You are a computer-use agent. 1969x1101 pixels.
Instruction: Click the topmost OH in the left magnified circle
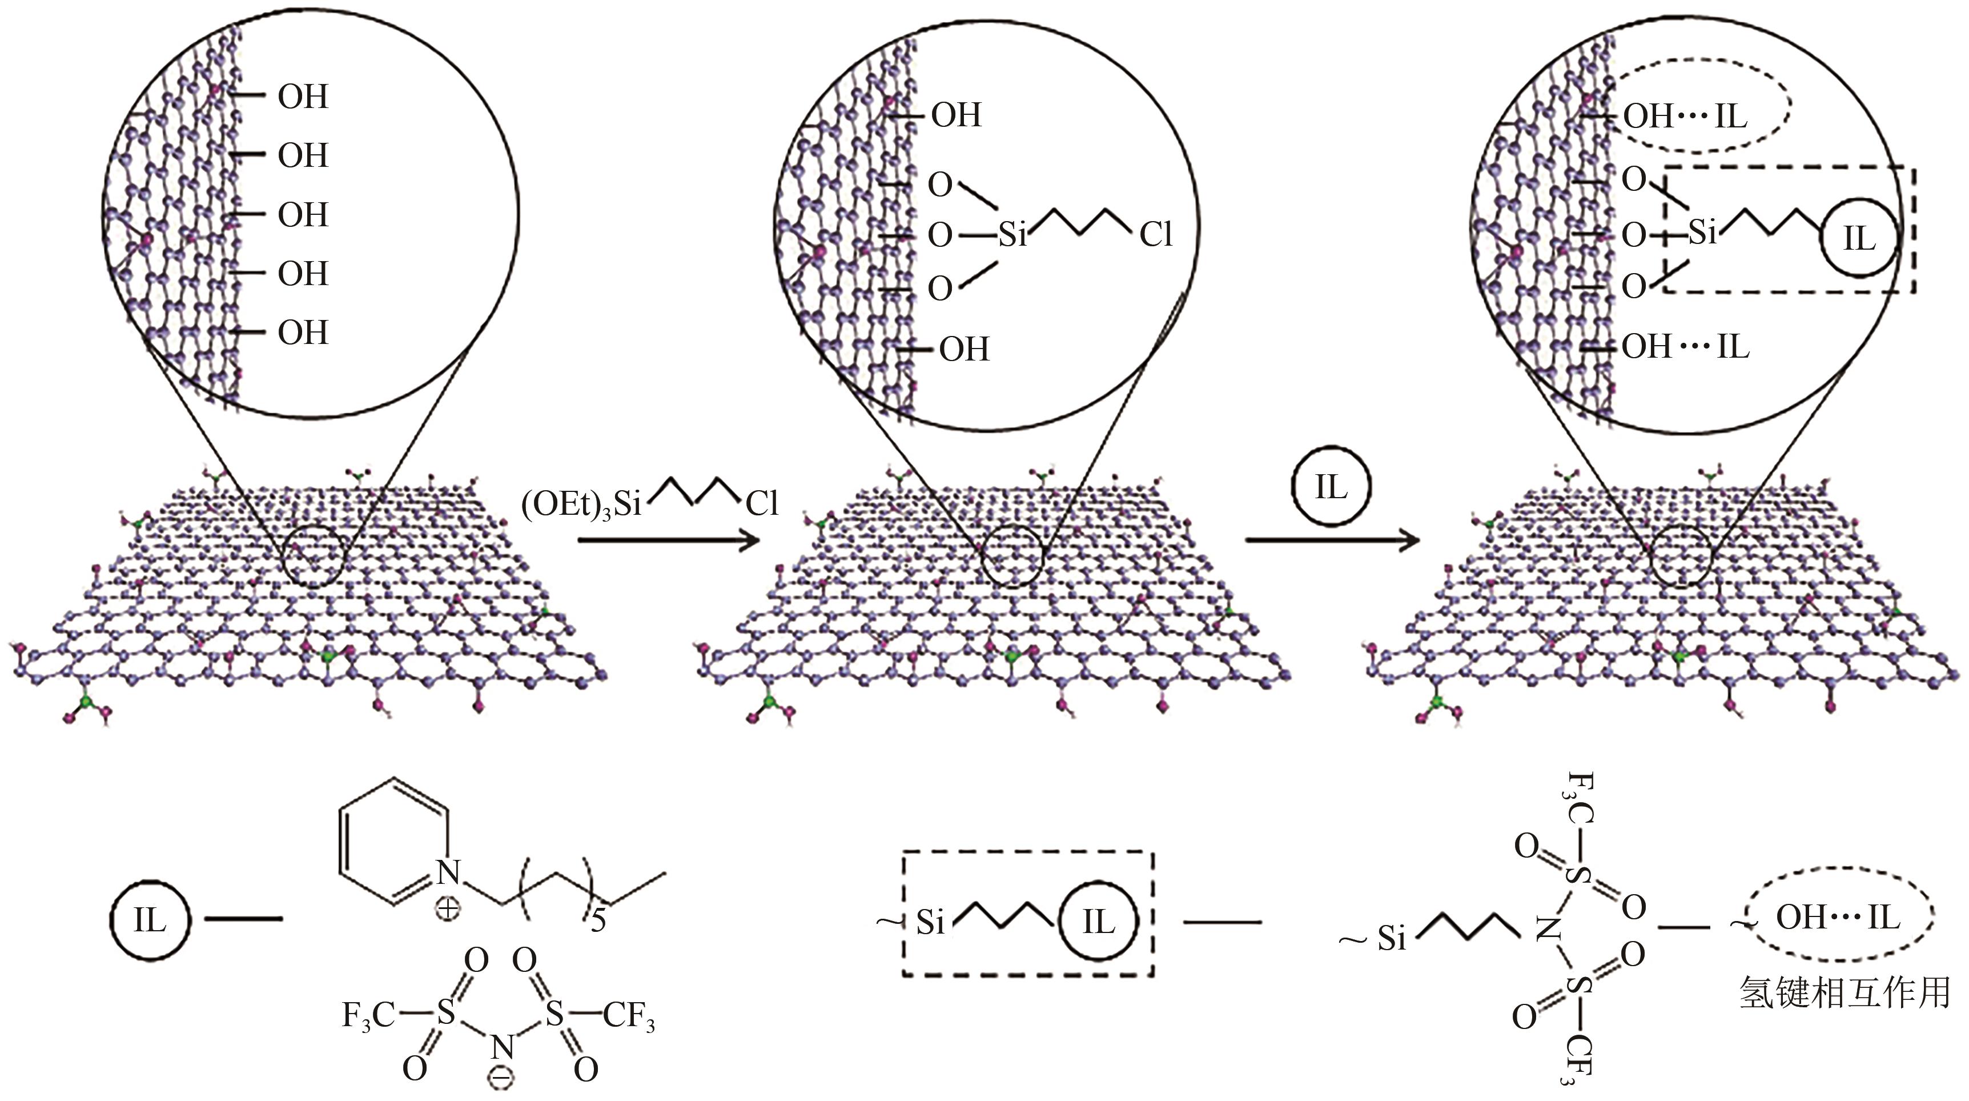[x=303, y=97]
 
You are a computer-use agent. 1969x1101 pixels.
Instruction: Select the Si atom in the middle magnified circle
[x=1013, y=235]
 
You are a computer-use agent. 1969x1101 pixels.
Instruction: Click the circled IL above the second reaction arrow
[x=1331, y=487]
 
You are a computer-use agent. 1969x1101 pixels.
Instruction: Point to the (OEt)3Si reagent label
[x=581, y=505]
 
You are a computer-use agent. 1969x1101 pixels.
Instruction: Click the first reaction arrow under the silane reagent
[x=669, y=541]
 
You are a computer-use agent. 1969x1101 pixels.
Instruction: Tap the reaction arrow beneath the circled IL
[x=1332, y=541]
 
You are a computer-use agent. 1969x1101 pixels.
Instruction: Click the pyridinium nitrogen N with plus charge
[x=449, y=872]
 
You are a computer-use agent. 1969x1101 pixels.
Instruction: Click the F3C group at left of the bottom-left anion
[x=368, y=1015]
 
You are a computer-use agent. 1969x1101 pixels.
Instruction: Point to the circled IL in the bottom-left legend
[x=149, y=920]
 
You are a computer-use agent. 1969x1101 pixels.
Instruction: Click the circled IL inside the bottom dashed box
[x=1098, y=923]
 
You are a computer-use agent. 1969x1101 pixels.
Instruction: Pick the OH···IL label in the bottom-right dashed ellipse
[x=1837, y=918]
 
